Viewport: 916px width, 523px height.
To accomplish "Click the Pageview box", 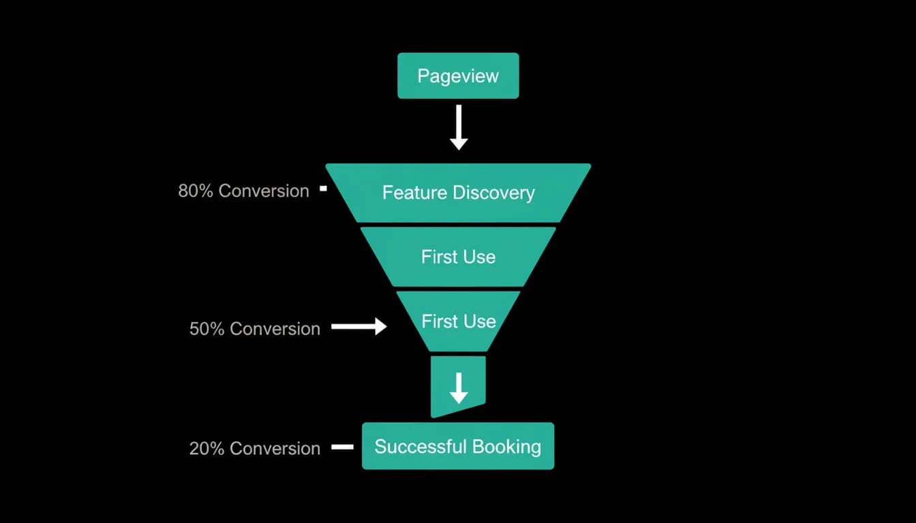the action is pos(458,76).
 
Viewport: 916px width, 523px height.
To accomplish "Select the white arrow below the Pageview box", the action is pos(459,127).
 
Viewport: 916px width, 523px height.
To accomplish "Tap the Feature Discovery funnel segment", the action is pos(458,193).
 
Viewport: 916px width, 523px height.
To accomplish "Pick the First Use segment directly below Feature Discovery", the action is pos(458,257).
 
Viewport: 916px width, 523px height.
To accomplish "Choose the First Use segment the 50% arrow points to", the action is pos(458,321).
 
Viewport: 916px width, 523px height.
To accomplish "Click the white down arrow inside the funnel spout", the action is pos(459,388).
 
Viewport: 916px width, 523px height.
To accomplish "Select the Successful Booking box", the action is pos(458,446).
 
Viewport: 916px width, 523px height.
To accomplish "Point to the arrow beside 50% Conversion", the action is pos(359,326).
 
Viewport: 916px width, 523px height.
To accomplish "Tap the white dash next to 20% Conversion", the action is pos(342,447).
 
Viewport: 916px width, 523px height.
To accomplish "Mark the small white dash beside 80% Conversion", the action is pos(324,189).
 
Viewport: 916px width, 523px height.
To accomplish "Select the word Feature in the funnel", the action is pos(414,193).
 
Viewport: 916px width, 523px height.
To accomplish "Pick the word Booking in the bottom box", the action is pos(506,447).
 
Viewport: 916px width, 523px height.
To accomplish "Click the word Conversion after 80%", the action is pos(264,191).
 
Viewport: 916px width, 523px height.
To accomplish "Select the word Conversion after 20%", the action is pos(275,449).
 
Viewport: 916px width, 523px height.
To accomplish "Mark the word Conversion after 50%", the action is pos(275,329).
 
